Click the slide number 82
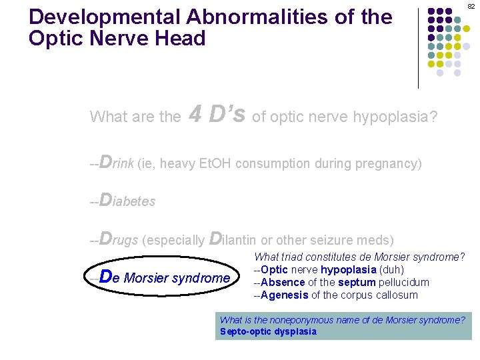(471, 6)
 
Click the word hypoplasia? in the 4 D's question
(398, 117)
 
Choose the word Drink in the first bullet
(116, 163)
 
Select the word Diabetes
(127, 201)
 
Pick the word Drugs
(118, 239)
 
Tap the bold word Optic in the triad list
(275, 269)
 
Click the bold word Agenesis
(285, 295)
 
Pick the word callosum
(395, 295)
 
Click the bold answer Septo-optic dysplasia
(268, 331)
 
